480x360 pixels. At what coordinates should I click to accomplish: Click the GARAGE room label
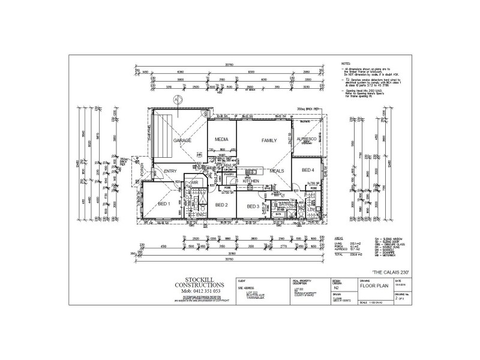(x=182, y=140)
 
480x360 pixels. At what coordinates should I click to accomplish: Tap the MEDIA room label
(x=221, y=140)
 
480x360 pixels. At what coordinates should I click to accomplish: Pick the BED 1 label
(x=164, y=204)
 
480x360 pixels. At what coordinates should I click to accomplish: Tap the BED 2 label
(x=221, y=205)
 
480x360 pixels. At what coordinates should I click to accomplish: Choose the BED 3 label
(x=253, y=206)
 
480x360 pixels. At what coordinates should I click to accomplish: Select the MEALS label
(x=277, y=171)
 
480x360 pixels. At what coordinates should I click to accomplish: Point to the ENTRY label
(x=170, y=171)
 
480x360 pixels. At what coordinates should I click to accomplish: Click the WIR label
(x=194, y=182)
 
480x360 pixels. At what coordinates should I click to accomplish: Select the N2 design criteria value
(x=337, y=288)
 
